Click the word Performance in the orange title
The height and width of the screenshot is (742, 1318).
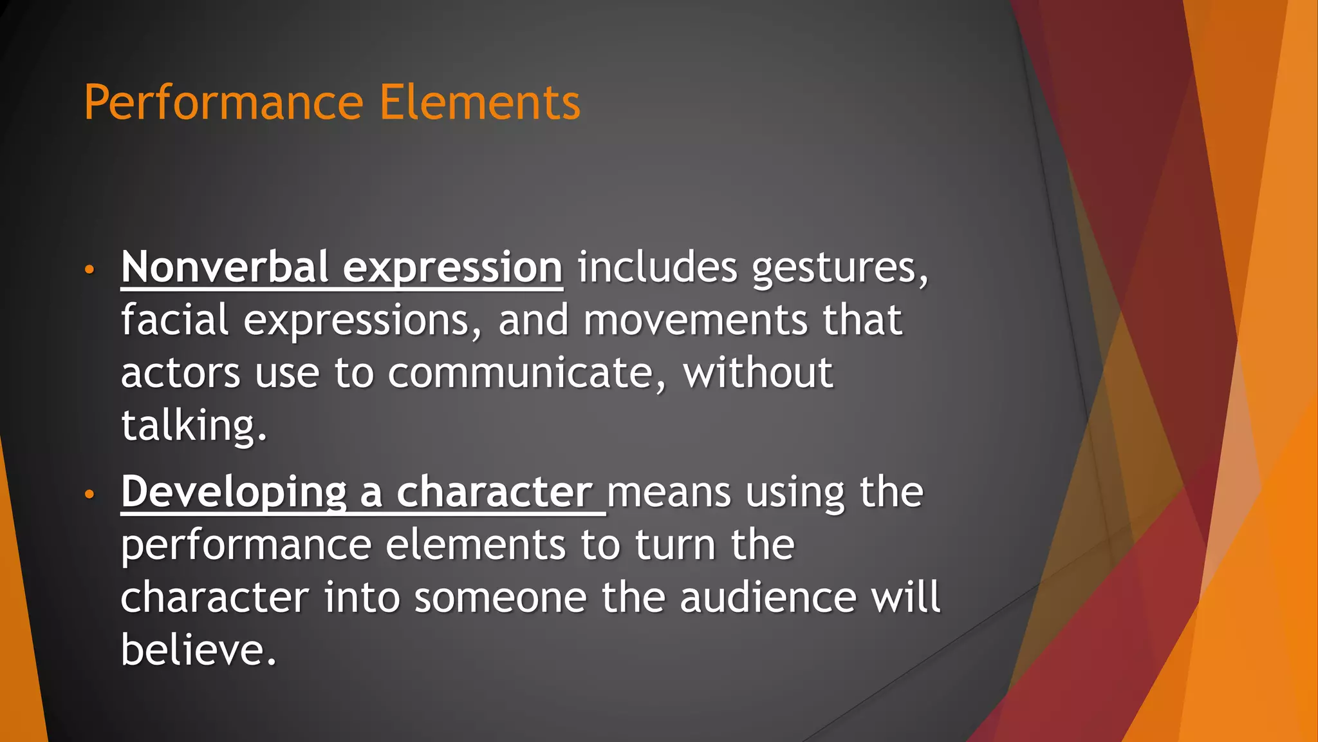(224, 103)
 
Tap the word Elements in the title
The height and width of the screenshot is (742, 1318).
(479, 103)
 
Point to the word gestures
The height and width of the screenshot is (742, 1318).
(840, 268)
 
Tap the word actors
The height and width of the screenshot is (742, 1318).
(180, 374)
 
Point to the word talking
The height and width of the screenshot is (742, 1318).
(193, 426)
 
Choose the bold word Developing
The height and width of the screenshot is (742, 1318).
(234, 493)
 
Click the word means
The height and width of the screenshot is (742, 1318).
(669, 493)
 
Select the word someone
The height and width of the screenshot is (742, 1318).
(500, 598)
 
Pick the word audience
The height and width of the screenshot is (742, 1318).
(768, 598)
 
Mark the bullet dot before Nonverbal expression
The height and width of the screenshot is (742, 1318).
(89, 269)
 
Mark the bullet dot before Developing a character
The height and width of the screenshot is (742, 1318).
(89, 494)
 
